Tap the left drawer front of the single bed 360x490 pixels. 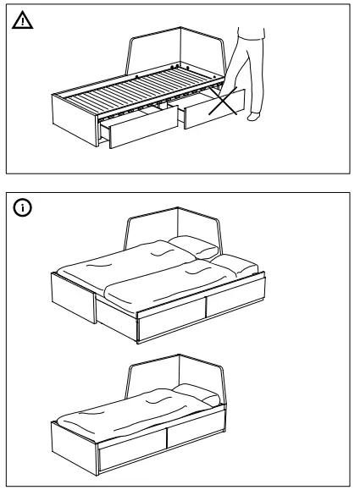click(131, 454)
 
